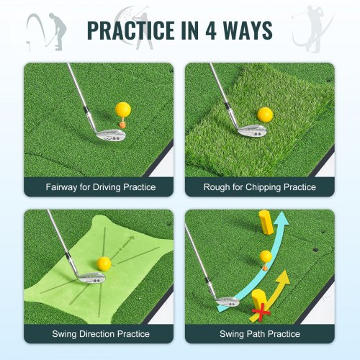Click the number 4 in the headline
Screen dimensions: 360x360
(x=211, y=30)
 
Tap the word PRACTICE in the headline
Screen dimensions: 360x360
(x=130, y=30)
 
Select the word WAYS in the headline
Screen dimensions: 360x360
(x=248, y=30)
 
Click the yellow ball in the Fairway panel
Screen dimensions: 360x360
(x=123, y=109)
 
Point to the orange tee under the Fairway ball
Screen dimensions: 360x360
(x=122, y=123)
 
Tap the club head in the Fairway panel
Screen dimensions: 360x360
(x=110, y=135)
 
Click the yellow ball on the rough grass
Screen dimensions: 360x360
(x=265, y=114)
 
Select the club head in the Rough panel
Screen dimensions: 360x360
(x=252, y=131)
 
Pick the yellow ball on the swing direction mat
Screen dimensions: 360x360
(x=104, y=264)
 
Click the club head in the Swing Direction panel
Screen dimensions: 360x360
(x=91, y=279)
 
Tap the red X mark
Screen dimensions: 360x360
(x=261, y=312)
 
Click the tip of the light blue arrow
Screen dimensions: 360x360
(x=282, y=212)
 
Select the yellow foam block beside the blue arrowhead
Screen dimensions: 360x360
(x=266, y=222)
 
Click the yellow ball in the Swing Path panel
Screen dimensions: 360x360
(x=266, y=256)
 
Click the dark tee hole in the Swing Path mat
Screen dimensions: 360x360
(x=316, y=250)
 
